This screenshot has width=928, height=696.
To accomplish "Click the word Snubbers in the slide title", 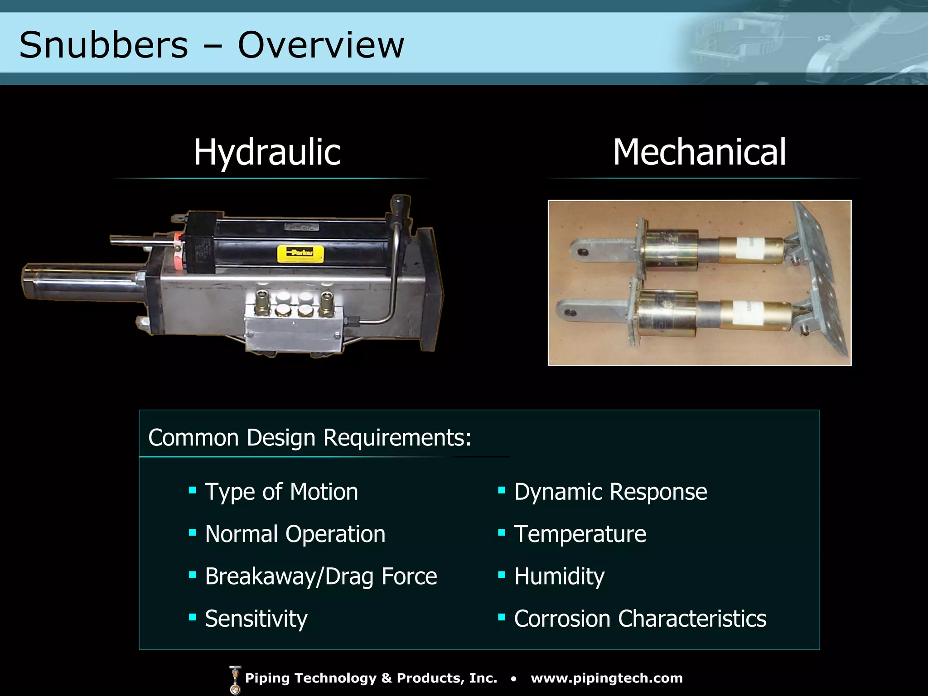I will (103, 45).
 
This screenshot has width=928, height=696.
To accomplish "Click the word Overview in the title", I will (321, 45).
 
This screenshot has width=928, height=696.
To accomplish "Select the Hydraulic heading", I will (267, 152).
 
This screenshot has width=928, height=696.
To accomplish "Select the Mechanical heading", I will (699, 152).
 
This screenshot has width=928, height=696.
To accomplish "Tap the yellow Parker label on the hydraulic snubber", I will (300, 253).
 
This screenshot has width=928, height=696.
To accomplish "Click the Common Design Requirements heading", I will (309, 438).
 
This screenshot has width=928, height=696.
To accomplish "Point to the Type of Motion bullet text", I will (281, 492).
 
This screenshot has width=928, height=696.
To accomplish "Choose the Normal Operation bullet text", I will (295, 534).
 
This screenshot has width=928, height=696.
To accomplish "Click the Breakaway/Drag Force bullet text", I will (321, 576).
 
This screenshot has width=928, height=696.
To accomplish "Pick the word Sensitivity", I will (256, 619).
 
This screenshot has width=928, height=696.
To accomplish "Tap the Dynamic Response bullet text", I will (610, 492).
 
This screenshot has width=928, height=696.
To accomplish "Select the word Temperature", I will (580, 534).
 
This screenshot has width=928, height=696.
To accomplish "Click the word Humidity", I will (559, 576).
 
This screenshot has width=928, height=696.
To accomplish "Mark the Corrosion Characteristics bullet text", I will (640, 619).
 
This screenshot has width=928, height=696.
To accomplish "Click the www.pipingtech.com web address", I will (607, 678).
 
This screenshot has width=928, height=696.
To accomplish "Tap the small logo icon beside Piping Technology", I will (235, 680).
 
